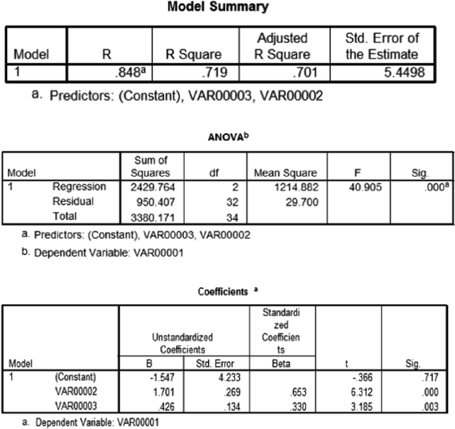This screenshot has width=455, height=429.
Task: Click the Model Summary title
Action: point(227,8)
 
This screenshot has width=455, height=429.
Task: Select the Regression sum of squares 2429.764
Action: point(141,187)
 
